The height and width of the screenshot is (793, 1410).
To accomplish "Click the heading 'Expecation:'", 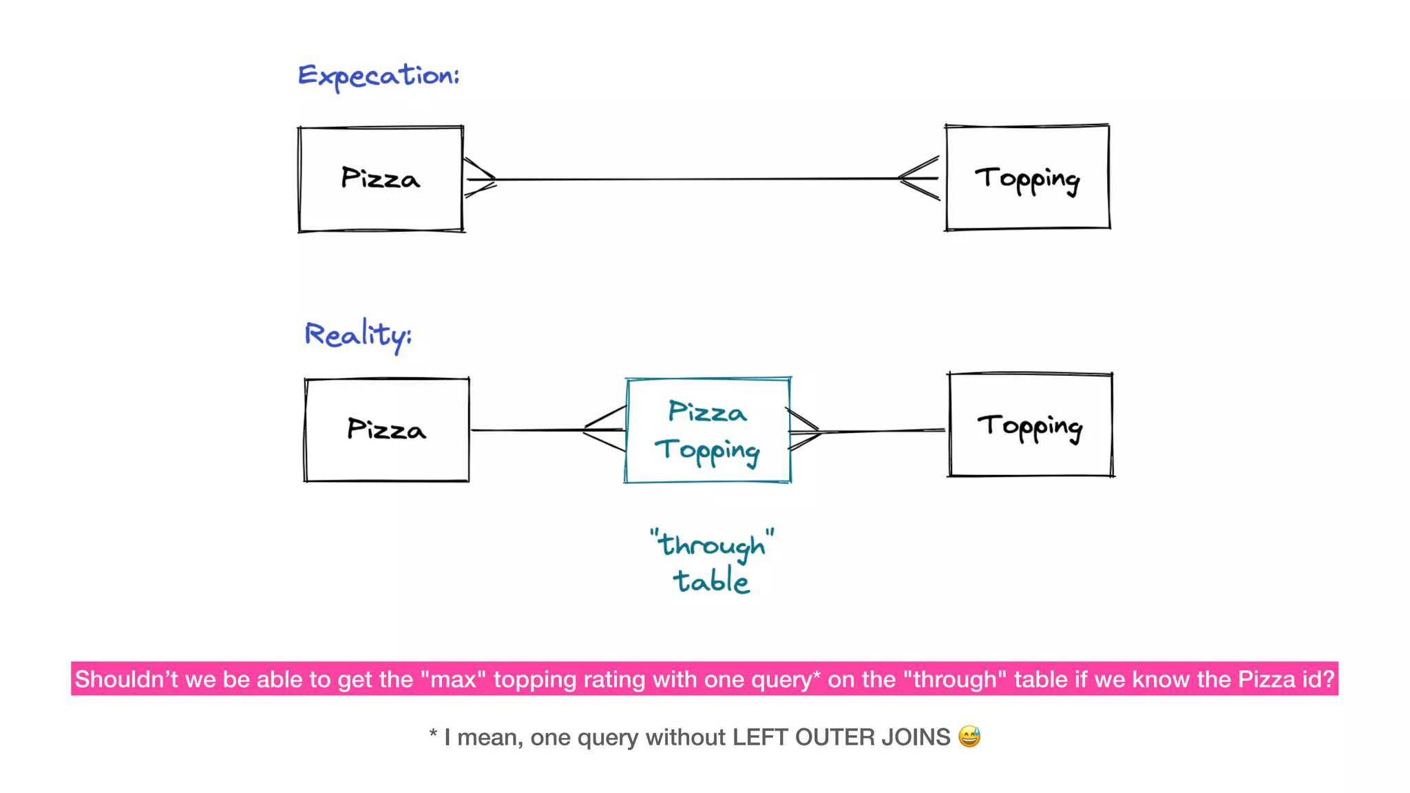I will [378, 76].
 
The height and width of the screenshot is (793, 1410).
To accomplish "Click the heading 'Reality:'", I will [357, 335].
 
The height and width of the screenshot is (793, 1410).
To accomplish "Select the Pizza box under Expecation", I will [381, 179].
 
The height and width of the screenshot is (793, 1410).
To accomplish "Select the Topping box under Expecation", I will [1027, 178].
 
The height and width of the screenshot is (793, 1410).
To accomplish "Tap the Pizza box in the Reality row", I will [386, 430].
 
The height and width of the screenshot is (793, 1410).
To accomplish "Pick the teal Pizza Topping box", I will [707, 430].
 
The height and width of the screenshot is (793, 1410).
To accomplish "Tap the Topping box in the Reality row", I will [1030, 425].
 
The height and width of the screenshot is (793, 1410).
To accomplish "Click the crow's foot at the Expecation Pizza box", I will [480, 178].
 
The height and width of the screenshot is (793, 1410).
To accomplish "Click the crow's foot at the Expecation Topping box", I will [920, 178].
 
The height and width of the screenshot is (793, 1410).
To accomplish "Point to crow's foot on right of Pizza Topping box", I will [803, 431].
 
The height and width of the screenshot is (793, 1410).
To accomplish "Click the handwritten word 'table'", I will [711, 582].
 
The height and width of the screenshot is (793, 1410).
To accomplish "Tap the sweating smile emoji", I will [969, 737].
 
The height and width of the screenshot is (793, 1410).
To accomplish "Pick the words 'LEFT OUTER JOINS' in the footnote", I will [841, 737].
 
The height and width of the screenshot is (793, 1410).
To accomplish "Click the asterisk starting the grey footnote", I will [433, 735].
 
